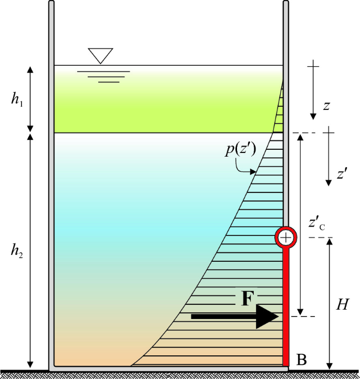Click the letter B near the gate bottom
(301, 360)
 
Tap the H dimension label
(343, 304)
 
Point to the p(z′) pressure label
(241, 150)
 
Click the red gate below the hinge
(286, 305)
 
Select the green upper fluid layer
(158, 100)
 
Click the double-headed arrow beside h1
(30, 99)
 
